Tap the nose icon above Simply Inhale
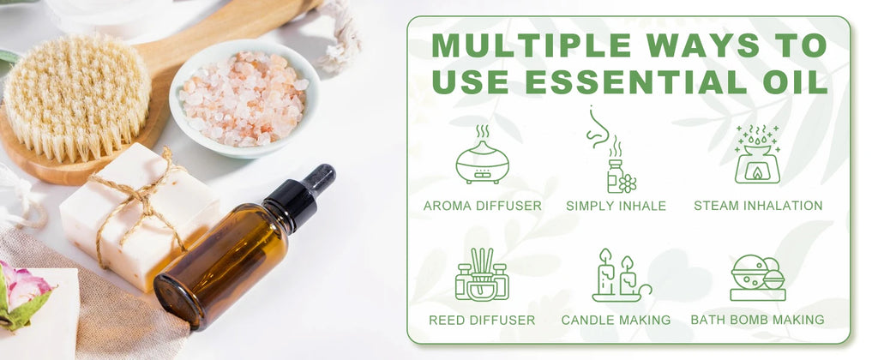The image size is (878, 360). tap(598, 128)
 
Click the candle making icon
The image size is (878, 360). tap(621, 275)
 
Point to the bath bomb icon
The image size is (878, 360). tap(758, 278)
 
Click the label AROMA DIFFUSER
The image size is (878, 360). tap(482, 206)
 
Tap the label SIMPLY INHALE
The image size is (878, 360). tap(616, 206)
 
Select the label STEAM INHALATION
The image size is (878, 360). tap(758, 206)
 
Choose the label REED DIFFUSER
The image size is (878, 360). tap(482, 321)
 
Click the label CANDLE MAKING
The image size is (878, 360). tap(616, 321)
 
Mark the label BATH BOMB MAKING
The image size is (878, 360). tap(758, 320)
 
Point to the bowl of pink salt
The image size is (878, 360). tap(244, 98)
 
